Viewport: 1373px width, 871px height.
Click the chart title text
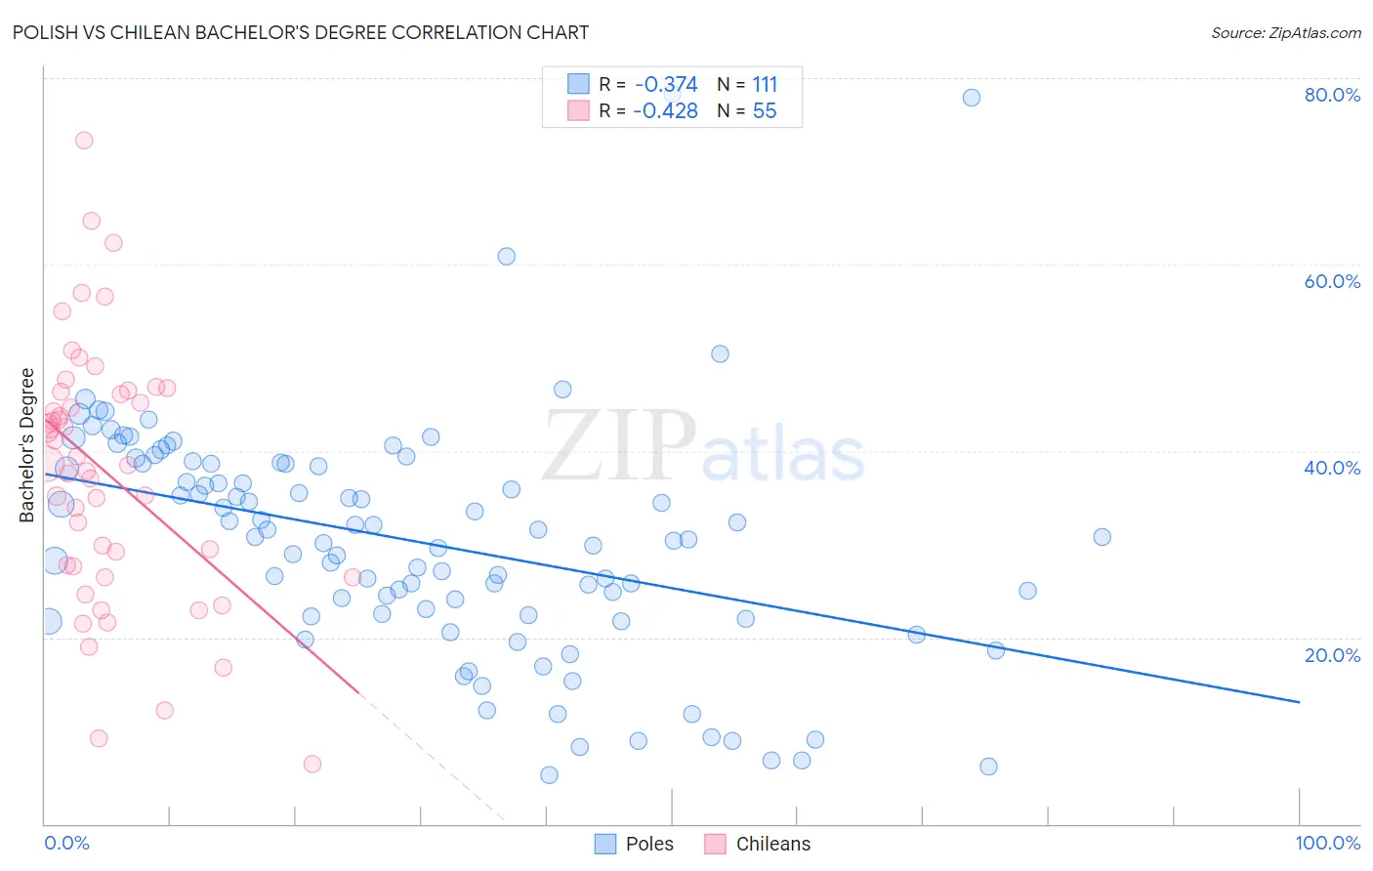click(301, 32)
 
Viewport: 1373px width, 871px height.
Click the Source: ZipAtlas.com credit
click(1285, 32)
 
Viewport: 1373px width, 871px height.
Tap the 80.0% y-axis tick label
click(1332, 95)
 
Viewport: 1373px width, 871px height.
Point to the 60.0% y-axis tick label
click(1332, 281)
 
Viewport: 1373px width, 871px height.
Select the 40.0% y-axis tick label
click(1332, 468)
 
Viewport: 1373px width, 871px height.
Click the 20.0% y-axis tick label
click(1332, 654)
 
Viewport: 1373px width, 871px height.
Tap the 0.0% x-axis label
click(66, 843)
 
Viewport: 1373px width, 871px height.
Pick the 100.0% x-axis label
click(1327, 843)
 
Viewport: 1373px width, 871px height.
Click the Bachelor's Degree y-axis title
click(27, 445)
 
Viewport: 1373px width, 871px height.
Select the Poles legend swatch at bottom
click(605, 844)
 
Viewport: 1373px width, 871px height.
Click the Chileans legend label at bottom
click(772, 844)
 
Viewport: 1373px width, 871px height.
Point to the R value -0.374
click(666, 85)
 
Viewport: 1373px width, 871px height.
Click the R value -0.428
click(665, 111)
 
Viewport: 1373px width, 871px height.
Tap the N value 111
click(765, 85)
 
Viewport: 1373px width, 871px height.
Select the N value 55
click(765, 111)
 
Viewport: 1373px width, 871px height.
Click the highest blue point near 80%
click(971, 98)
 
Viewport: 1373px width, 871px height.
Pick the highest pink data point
click(84, 141)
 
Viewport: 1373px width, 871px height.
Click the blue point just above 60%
click(506, 257)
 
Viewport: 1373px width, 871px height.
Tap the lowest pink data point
click(312, 764)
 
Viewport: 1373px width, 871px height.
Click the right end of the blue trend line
click(1299, 702)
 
